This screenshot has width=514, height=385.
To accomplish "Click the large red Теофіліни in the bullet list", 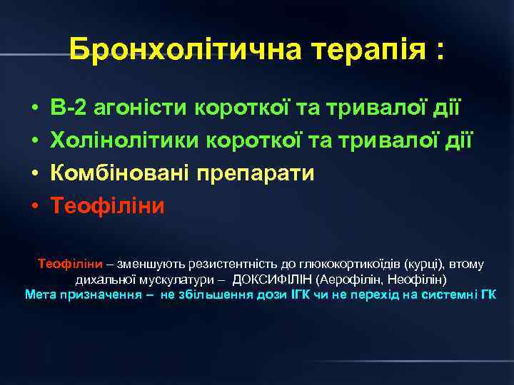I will (107, 206).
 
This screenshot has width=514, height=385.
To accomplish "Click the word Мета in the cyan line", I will (39, 294).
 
